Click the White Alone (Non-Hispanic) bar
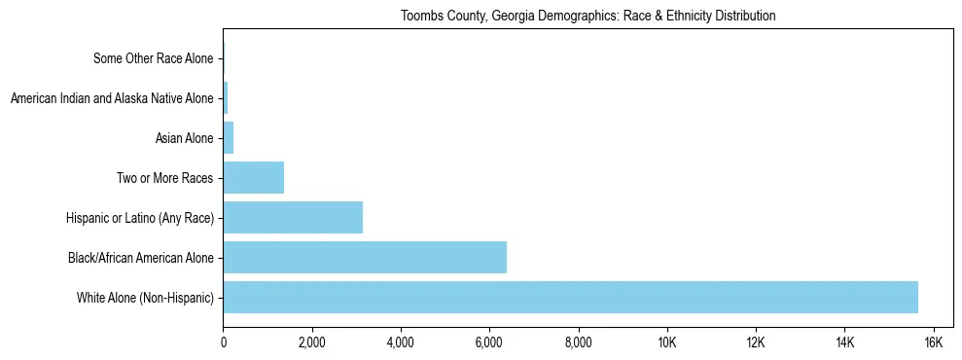(x=570, y=297)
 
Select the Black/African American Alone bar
(x=365, y=257)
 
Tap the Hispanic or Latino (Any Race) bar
(x=293, y=217)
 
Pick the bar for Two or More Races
(x=253, y=178)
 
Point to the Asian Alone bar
(x=229, y=138)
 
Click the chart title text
(x=588, y=16)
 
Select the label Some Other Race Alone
(x=153, y=59)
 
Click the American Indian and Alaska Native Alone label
(x=111, y=98)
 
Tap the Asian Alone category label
(x=184, y=138)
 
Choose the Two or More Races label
(x=163, y=178)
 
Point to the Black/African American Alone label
(x=140, y=257)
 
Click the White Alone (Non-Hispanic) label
(x=145, y=297)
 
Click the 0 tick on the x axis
(x=223, y=342)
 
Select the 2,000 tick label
(x=311, y=342)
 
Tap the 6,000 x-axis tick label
(x=489, y=342)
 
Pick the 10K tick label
(x=666, y=342)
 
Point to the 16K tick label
(x=933, y=342)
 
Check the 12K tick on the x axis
(x=756, y=342)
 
